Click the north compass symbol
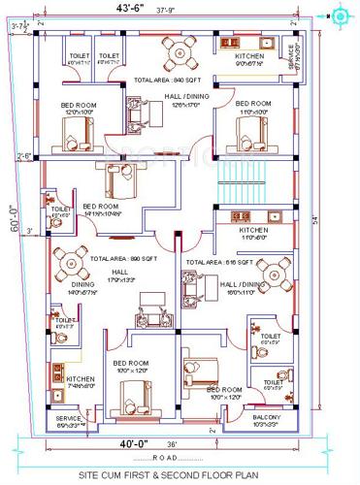click(341, 16)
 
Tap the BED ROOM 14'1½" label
click(101, 210)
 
